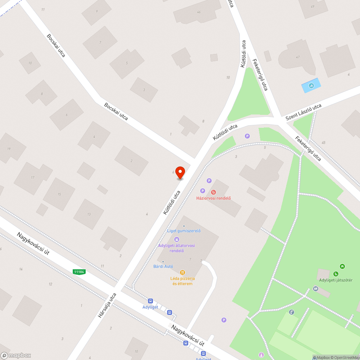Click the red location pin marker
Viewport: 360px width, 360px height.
[180, 173]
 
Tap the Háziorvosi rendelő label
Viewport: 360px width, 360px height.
[213, 198]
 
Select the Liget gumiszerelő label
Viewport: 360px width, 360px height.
[184, 231]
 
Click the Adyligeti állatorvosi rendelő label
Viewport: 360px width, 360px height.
[177, 248]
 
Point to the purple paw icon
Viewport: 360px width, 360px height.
[177, 239]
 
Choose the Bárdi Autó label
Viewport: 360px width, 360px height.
[163, 266]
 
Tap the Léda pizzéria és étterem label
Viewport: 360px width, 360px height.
[183, 281]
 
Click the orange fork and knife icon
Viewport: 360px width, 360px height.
[183, 273]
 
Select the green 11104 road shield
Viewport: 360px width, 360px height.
[79, 272]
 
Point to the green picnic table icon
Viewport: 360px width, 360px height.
[342, 266]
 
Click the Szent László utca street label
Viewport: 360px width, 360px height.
[303, 112]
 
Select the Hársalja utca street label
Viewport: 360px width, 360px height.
[107, 305]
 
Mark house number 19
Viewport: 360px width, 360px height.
[9, 149]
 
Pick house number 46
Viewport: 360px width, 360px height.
[199, 12]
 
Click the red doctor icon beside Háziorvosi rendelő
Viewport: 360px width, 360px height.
[213, 192]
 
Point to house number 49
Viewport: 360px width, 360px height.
[312, 6]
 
